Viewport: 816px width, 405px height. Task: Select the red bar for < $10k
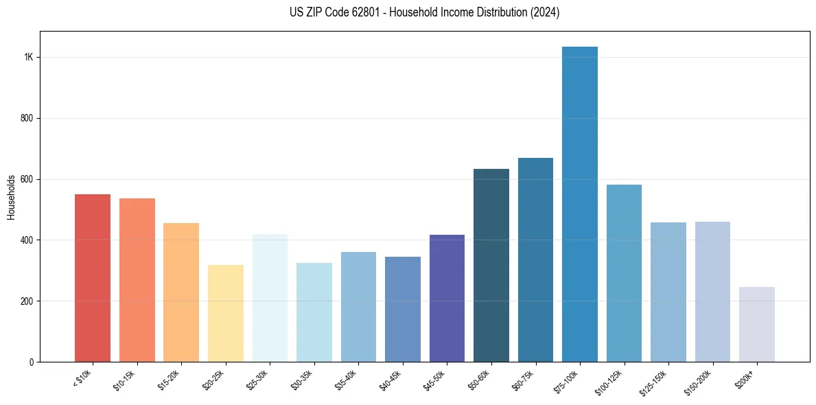point(93,278)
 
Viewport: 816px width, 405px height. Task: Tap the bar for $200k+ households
point(757,325)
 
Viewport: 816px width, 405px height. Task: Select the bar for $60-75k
point(535,260)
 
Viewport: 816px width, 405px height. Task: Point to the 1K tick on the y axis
point(29,58)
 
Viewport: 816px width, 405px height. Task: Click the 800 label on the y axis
point(27,118)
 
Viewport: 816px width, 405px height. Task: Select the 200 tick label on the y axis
point(27,301)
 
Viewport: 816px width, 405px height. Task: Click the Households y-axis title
point(12,197)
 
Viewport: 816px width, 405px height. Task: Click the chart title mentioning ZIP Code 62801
point(425,12)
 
